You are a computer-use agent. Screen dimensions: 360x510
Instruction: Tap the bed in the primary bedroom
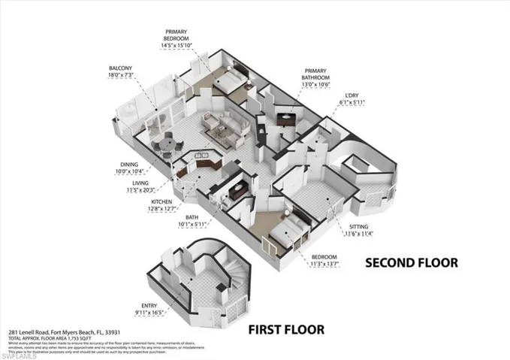232,77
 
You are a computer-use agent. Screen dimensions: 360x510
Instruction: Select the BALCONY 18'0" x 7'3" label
121,72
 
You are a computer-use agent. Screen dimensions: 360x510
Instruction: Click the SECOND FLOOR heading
410,263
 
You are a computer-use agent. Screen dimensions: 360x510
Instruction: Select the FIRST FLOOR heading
287,329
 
